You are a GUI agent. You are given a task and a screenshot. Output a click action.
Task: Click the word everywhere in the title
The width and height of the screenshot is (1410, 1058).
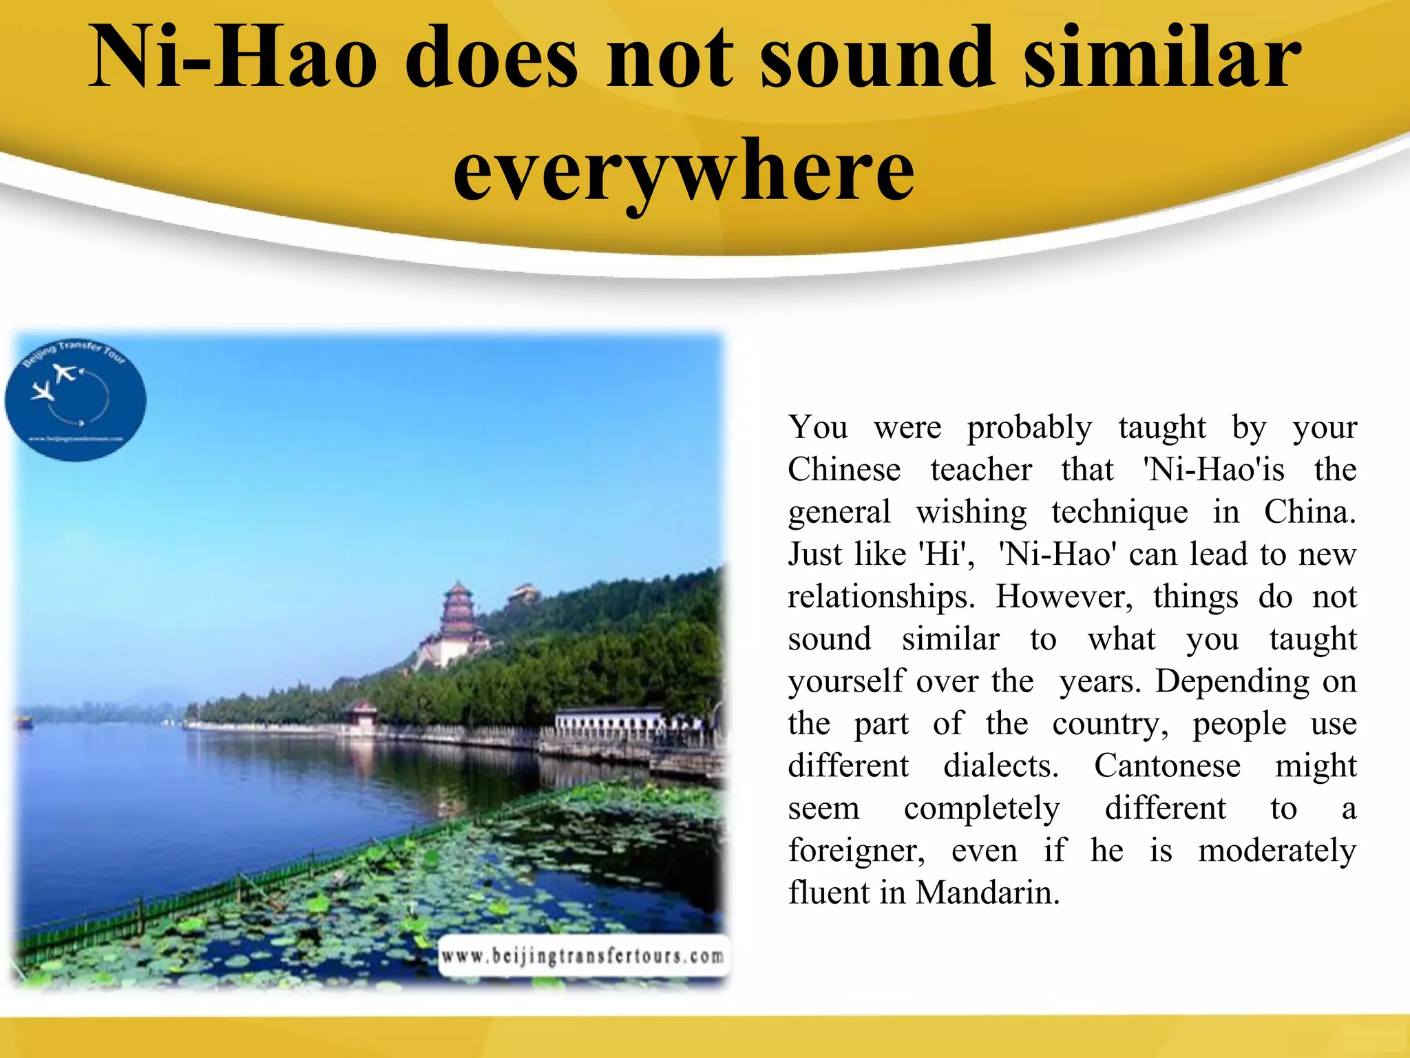(x=684, y=171)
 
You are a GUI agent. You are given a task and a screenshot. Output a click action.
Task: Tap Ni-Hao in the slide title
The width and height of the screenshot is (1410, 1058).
(x=233, y=58)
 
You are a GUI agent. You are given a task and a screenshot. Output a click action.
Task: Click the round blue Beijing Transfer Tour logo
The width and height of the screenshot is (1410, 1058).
(x=76, y=400)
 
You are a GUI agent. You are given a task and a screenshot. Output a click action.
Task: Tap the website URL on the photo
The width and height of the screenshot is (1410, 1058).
(x=582, y=956)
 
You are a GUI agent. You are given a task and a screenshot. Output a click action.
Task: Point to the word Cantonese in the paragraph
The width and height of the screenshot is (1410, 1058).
(x=1168, y=765)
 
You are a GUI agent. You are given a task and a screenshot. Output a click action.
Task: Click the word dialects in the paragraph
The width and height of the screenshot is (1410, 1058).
(x=1000, y=765)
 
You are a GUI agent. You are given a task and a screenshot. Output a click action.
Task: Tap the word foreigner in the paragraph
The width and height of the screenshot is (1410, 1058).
(x=856, y=851)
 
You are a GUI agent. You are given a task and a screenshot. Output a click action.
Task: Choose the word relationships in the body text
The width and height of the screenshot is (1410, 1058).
(x=881, y=597)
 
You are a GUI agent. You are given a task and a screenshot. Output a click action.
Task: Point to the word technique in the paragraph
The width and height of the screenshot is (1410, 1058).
(x=1119, y=512)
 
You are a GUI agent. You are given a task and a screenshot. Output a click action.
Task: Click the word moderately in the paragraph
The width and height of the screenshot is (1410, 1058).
(x=1276, y=851)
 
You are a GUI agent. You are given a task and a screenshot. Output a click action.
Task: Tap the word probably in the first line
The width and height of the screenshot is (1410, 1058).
(x=1029, y=428)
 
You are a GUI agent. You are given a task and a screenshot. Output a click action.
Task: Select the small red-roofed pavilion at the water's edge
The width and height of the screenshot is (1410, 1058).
(x=361, y=714)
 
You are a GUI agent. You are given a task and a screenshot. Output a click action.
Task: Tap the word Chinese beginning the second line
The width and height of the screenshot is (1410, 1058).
(x=844, y=470)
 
